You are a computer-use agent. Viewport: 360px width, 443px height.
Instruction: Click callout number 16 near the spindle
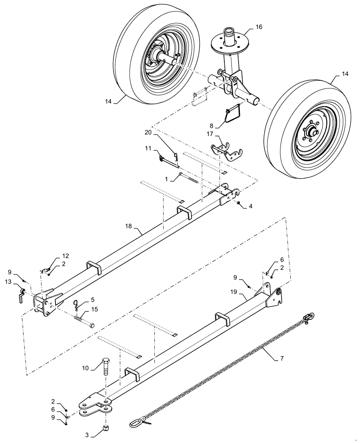pos(259,27)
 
